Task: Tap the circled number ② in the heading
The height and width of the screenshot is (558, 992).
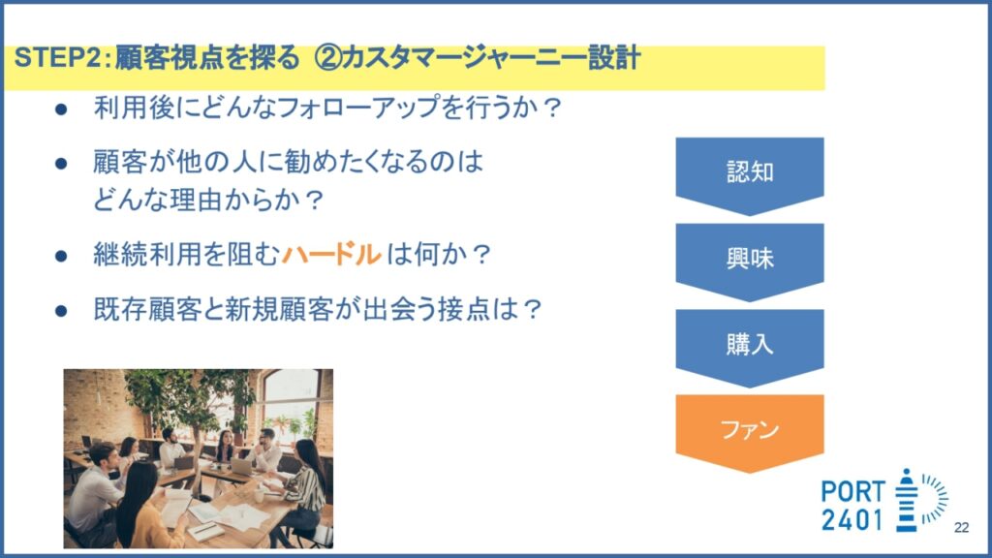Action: [x=328, y=58]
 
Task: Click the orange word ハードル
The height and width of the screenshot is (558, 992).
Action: [x=331, y=255]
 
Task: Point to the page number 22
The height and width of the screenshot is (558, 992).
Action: [x=961, y=528]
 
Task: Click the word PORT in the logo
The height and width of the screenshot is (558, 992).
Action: [x=852, y=491]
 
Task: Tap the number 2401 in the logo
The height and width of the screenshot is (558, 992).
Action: [x=852, y=520]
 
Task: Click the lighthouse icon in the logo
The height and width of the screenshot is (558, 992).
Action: [x=907, y=500]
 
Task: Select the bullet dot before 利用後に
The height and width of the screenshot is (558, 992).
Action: [x=61, y=109]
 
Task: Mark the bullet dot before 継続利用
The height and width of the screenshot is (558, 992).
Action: [x=61, y=256]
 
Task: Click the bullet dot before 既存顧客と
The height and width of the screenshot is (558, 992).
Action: [x=61, y=311]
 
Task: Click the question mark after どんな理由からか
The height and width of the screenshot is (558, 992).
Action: [x=314, y=201]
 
